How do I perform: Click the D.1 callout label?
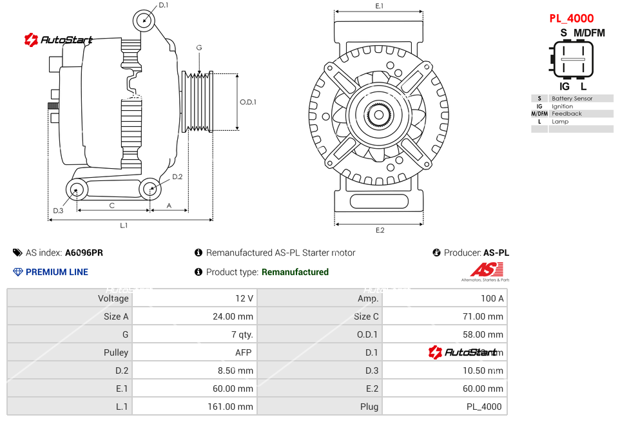pyautogui.click(x=163, y=5)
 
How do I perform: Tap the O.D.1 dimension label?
pyautogui.click(x=248, y=102)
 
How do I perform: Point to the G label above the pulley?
pyautogui.click(x=199, y=48)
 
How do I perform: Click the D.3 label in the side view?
pyautogui.click(x=58, y=211)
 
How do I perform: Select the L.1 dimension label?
pyautogui.click(x=124, y=225)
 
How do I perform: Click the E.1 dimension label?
pyautogui.click(x=380, y=6)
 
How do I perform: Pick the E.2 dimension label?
pyautogui.click(x=380, y=230)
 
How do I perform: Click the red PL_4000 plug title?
pyautogui.click(x=571, y=19)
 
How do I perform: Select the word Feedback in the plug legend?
pyautogui.click(x=566, y=114)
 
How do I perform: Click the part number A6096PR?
pyautogui.click(x=84, y=253)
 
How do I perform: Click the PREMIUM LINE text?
pyautogui.click(x=57, y=272)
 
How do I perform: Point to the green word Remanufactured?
pyautogui.click(x=295, y=272)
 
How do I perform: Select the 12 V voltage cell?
pyautogui.click(x=244, y=298)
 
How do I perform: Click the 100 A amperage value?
pyautogui.click(x=492, y=298)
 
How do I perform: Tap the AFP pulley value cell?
pyautogui.click(x=244, y=352)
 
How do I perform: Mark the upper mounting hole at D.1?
pyautogui.click(x=145, y=20)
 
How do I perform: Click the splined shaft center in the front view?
pyautogui.click(x=380, y=116)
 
